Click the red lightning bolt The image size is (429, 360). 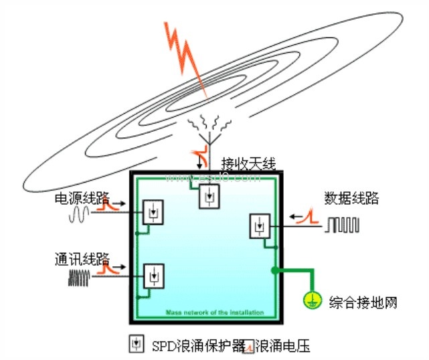click(185, 57)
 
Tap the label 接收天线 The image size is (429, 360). click(248, 163)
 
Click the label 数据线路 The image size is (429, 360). click(351, 198)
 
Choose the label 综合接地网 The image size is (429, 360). click(363, 302)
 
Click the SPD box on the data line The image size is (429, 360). click(258, 226)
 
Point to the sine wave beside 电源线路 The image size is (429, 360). click(80, 213)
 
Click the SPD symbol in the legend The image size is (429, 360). click(137, 344)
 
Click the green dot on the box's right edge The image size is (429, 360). click(274, 270)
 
